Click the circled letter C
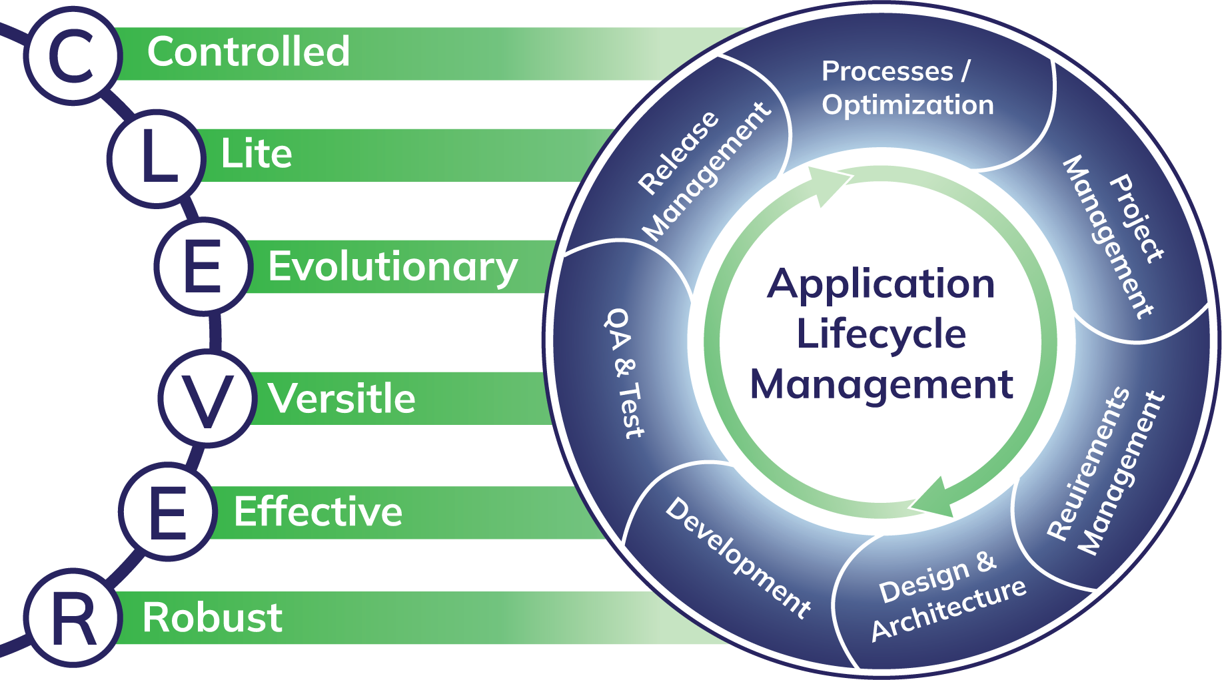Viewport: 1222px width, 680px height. point(72,56)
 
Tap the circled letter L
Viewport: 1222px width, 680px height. point(155,159)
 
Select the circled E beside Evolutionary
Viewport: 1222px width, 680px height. point(203,266)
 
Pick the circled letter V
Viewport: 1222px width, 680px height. point(207,398)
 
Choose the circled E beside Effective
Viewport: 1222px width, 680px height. point(167,512)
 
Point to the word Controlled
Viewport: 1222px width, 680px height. point(249,52)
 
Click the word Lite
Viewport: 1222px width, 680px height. point(257,154)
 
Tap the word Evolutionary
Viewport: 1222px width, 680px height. point(392,267)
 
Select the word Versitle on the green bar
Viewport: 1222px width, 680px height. point(341,399)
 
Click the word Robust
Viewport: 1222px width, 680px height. point(212,617)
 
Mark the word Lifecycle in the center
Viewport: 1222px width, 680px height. point(881,334)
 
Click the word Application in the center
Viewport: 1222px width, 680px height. point(881,284)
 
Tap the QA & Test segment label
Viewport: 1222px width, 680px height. point(625,373)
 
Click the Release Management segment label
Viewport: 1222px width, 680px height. point(703,172)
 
